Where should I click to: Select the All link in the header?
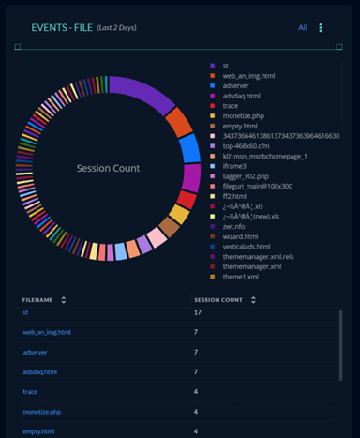point(303,28)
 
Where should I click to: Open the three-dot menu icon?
point(322,28)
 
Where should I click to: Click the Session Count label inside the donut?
point(108,169)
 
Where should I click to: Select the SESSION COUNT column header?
point(217,300)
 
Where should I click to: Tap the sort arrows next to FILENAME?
point(64,300)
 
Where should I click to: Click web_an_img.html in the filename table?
point(47,332)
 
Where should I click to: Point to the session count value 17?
point(198,311)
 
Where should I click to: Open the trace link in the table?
point(30,391)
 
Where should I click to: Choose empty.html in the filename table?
point(38,430)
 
